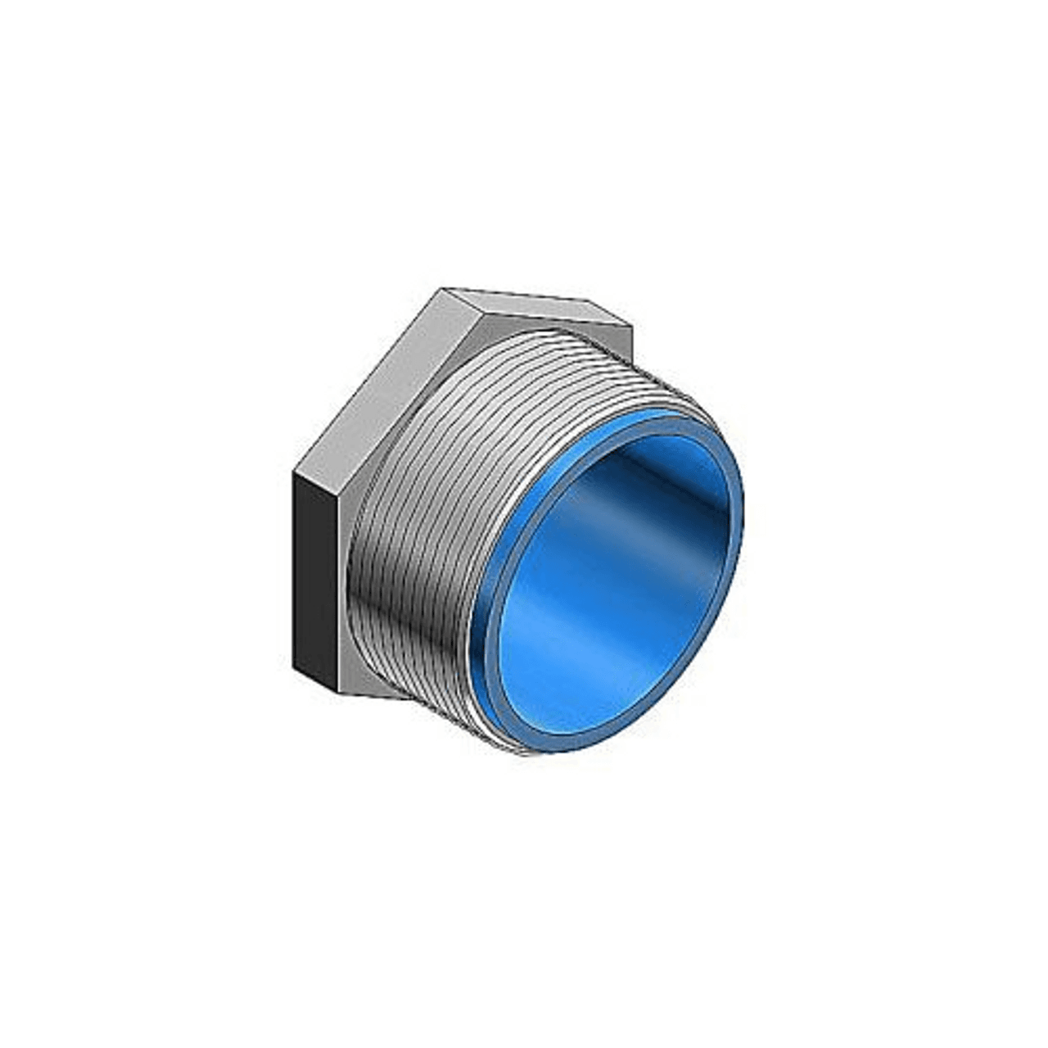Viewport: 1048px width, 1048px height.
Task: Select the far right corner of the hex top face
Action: point(632,325)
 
